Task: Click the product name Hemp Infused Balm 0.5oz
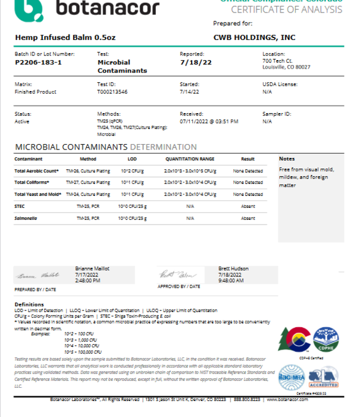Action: point(57,37)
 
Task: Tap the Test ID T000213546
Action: point(113,92)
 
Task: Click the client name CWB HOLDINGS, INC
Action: point(253,37)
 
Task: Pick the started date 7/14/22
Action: point(189,92)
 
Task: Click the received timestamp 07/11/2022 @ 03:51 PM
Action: point(209,121)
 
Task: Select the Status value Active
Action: point(22,121)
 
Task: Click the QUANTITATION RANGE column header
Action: point(190,159)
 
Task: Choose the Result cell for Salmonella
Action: point(248,219)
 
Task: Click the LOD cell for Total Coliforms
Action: point(132,182)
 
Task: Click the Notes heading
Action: point(287,158)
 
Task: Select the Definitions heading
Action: point(29,304)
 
